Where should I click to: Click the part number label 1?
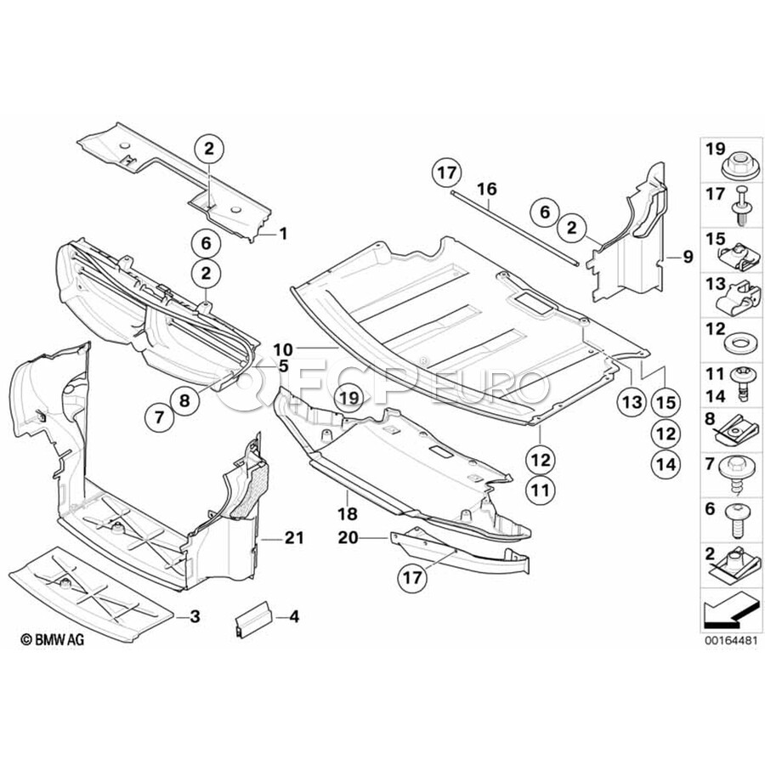pos(283,234)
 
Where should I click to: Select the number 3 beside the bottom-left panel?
pos(195,617)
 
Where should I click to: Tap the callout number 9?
pos(688,256)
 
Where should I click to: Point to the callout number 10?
pos(283,349)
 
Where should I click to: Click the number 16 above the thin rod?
pos(487,189)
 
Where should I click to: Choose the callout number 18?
pos(347,513)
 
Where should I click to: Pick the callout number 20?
pos(348,538)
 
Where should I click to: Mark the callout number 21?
pos(294,538)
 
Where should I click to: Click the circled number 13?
pos(632,403)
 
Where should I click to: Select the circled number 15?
pos(666,403)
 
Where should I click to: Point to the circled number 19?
pos(349,398)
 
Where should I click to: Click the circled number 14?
pos(666,464)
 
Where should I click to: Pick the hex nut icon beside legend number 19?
pos(739,167)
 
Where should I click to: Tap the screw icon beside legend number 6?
pos(738,522)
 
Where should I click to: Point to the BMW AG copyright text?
pos(52,639)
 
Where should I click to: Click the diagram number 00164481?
pos(730,640)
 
